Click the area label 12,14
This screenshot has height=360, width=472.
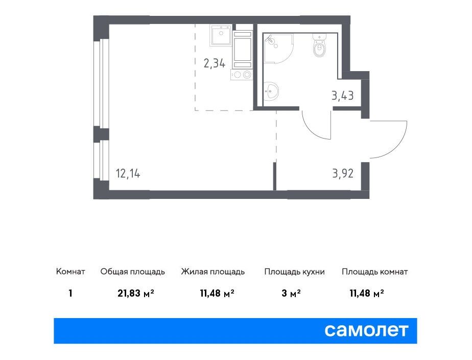(x=128, y=174)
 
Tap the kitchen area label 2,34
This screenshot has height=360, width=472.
(x=215, y=63)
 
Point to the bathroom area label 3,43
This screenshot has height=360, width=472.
(x=343, y=96)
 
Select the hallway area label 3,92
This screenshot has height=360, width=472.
(x=343, y=173)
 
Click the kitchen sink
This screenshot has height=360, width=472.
(x=221, y=35)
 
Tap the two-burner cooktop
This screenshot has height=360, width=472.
(x=242, y=75)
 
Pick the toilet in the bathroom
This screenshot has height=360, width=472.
(x=319, y=45)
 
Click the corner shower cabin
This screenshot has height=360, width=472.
(x=278, y=48)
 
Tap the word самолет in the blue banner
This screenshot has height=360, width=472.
(x=366, y=330)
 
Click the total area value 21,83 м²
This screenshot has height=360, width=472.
(x=136, y=293)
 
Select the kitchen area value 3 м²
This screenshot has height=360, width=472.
(x=291, y=293)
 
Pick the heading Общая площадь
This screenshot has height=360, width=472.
(x=133, y=272)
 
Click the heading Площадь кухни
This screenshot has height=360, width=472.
(x=294, y=272)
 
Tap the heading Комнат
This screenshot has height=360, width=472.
(x=70, y=272)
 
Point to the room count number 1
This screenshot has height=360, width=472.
(x=70, y=293)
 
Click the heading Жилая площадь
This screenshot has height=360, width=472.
(x=213, y=272)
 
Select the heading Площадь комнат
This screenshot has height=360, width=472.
(x=375, y=272)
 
